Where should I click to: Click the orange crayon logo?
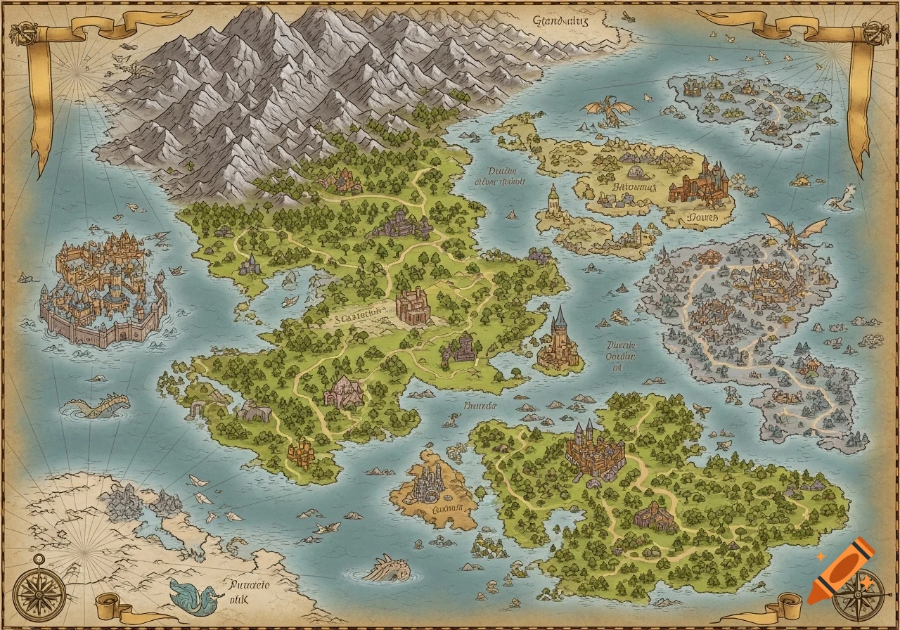[x=840, y=572]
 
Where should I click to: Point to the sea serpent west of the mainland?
[x=98, y=406]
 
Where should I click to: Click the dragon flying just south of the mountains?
[x=608, y=111]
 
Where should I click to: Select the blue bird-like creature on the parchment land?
[x=190, y=595]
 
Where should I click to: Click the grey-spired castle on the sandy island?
[x=430, y=482]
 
